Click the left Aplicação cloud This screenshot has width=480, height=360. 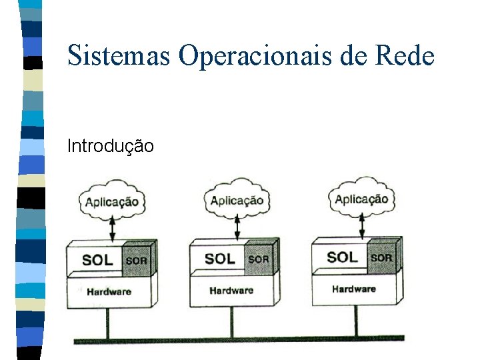click(111, 200)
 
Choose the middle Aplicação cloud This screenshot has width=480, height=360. click(236, 199)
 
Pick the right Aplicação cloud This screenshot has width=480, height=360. click(361, 198)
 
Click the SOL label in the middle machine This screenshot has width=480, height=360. click(219, 259)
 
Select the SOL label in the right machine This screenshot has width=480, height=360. click(342, 257)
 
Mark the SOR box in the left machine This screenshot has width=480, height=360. click(137, 261)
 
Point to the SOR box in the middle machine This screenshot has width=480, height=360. click(259, 259)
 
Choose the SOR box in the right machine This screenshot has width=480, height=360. click(381, 257)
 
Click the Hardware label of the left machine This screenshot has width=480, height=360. click(109, 291)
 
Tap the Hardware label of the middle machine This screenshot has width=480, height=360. click(231, 290)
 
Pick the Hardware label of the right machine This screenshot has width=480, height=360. click(354, 289)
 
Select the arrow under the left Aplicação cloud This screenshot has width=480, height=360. click(112, 229)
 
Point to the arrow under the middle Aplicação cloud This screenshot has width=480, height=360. click(237, 227)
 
